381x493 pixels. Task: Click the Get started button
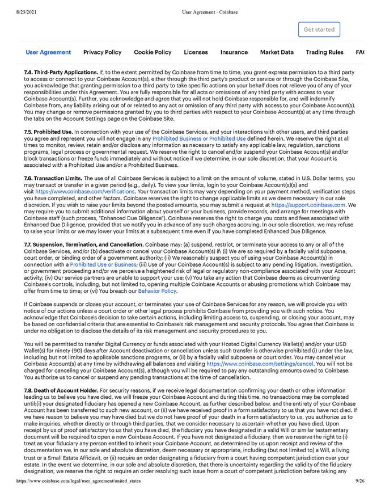pyautogui.click(x=319, y=30)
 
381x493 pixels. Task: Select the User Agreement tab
pyautogui.click(x=48, y=52)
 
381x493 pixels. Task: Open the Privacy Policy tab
pyautogui.click(x=102, y=52)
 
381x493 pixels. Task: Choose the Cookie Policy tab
pyautogui.click(x=153, y=52)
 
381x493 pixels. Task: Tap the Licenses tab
pyautogui.click(x=196, y=52)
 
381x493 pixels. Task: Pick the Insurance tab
pyautogui.click(x=234, y=52)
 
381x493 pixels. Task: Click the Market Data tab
pyautogui.click(x=277, y=52)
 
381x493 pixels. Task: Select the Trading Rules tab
pyautogui.click(x=324, y=52)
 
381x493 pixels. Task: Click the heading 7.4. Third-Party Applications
pyautogui.click(x=61, y=73)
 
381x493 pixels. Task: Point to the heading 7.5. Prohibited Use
pyautogui.click(x=48, y=132)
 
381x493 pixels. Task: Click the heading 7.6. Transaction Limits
pyautogui.click(x=53, y=178)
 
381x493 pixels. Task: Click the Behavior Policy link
pyautogui.click(x=157, y=291)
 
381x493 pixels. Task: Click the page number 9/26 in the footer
pyautogui.click(x=360, y=481)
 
